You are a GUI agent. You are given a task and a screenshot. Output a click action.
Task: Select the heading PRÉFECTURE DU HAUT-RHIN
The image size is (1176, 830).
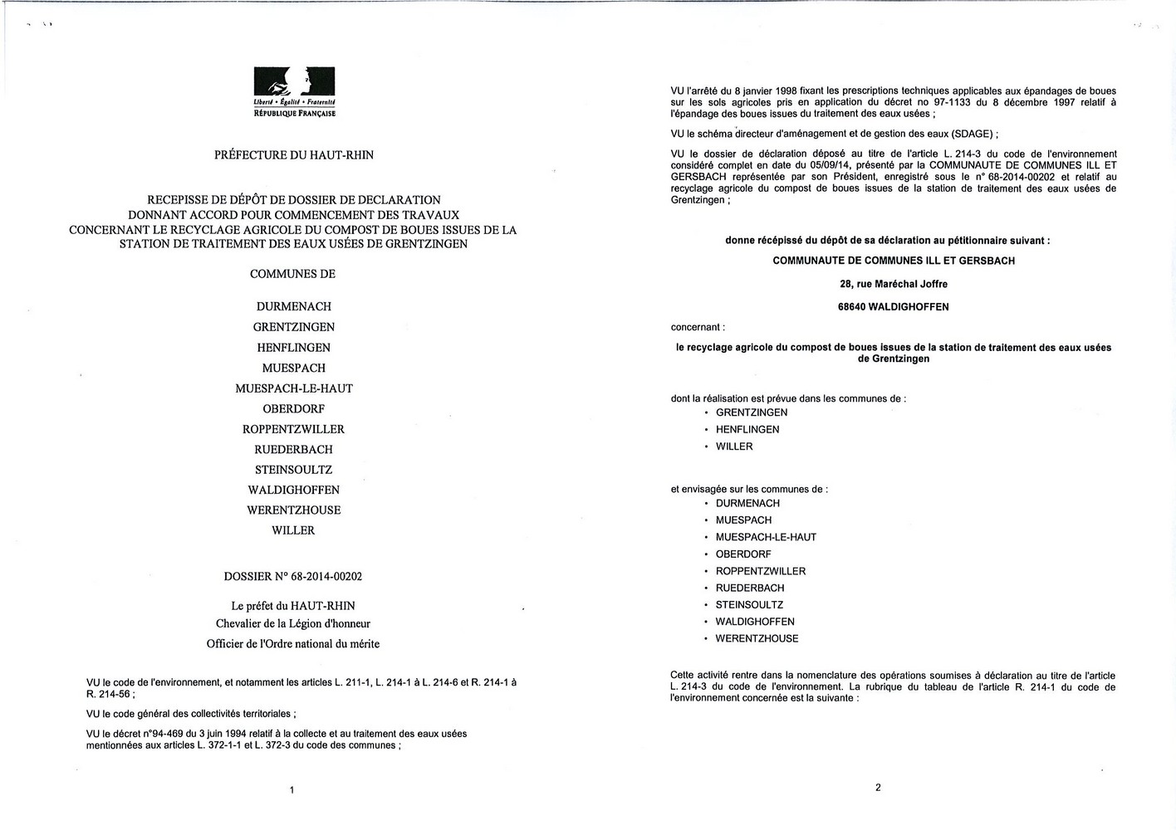tap(293, 155)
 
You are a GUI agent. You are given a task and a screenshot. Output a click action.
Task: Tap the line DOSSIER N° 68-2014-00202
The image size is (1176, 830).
tap(292, 576)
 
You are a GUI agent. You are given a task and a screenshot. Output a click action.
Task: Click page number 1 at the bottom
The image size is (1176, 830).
tap(292, 790)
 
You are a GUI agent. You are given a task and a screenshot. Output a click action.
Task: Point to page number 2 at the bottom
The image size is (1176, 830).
tap(878, 788)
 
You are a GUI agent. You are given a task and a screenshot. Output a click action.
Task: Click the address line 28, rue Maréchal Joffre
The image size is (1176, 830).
tap(893, 284)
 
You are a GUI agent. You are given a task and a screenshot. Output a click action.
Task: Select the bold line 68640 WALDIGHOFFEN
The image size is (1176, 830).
tap(893, 307)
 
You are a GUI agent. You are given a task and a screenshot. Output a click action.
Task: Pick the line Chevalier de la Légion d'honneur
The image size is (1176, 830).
tap(292, 624)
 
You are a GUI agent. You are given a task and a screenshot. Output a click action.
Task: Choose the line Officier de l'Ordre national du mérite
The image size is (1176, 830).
tap(292, 643)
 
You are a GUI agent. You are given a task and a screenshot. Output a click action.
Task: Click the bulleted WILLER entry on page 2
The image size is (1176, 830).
tap(734, 447)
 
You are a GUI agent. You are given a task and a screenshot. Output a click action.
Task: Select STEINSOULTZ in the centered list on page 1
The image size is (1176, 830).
tap(293, 470)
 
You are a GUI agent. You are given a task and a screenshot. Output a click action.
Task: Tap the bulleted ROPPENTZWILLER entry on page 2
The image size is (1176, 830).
tap(761, 571)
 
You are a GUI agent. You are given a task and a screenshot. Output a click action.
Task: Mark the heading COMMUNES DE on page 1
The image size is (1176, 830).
tap(292, 274)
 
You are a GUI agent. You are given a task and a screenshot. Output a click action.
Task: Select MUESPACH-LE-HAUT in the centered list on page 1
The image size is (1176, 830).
tap(294, 388)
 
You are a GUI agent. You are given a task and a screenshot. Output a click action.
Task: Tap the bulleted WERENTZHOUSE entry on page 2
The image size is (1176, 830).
tap(757, 639)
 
